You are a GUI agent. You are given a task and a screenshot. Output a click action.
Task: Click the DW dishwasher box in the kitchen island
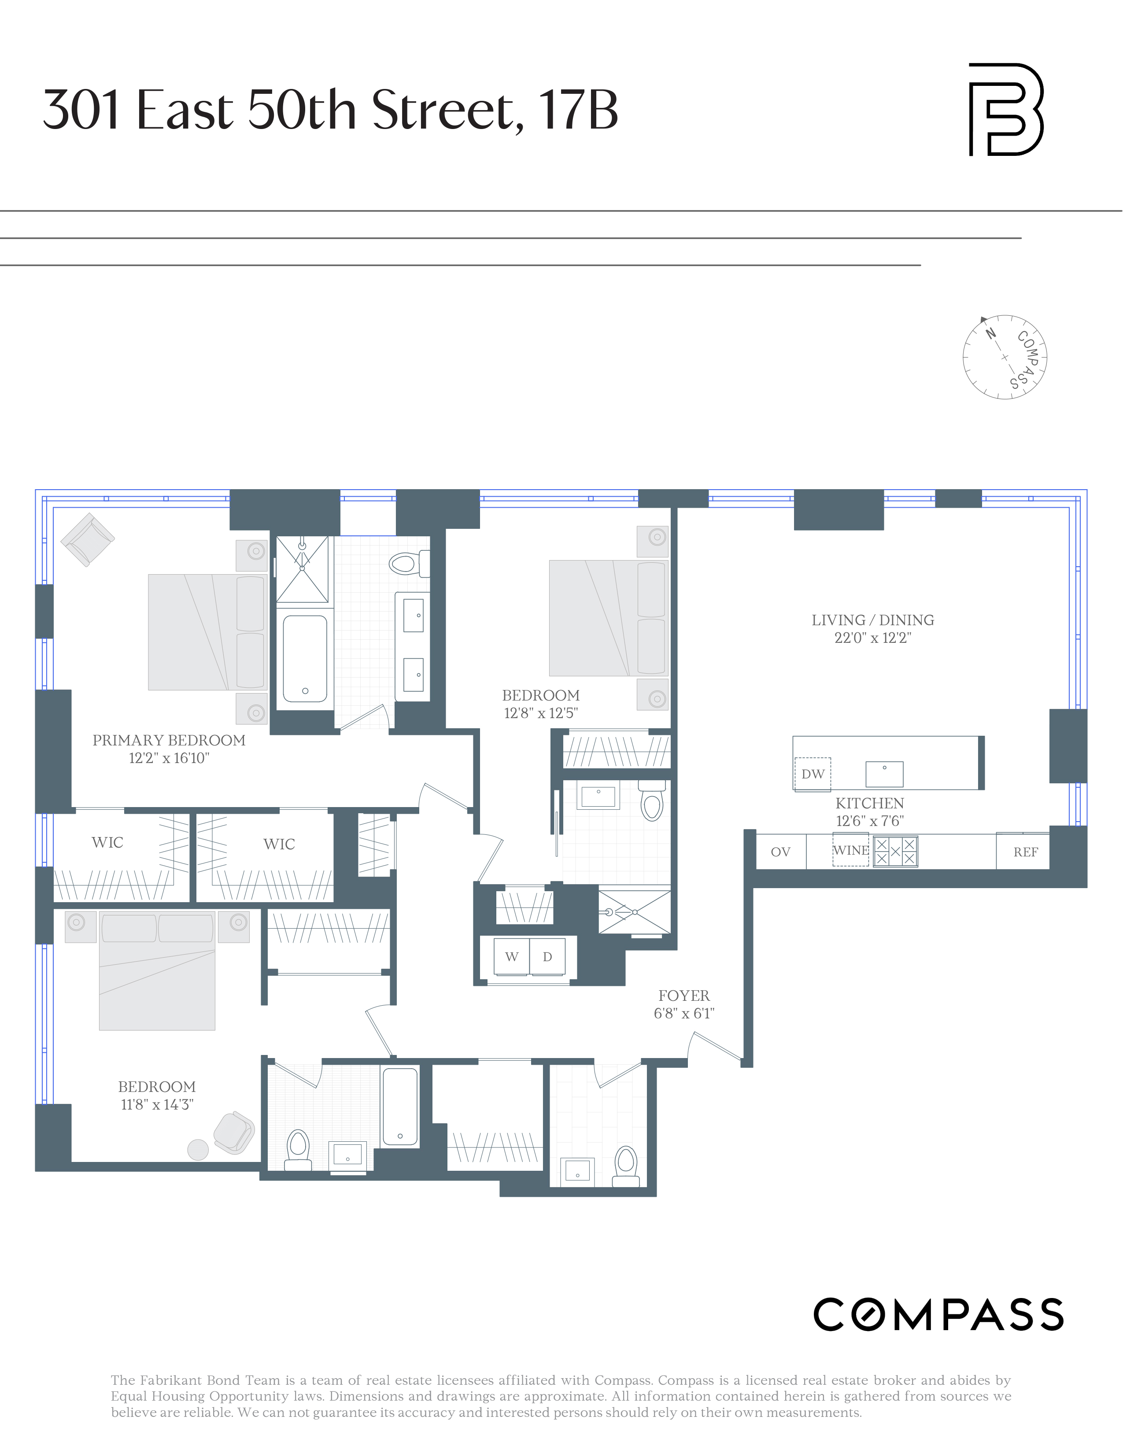(x=813, y=774)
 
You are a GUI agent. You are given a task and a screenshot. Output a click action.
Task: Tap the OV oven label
(x=780, y=852)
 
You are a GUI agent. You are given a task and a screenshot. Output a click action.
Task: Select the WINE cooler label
(x=850, y=850)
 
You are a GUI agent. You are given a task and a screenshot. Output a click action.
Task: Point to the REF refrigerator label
(x=1025, y=852)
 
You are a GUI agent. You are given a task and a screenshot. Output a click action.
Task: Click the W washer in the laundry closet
(x=512, y=957)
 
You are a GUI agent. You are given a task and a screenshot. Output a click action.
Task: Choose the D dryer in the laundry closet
(x=547, y=957)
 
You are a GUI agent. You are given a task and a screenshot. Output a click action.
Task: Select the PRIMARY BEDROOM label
(x=169, y=741)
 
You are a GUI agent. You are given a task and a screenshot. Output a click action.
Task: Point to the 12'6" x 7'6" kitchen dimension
(x=869, y=821)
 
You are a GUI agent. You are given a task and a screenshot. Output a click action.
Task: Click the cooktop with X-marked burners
(x=895, y=852)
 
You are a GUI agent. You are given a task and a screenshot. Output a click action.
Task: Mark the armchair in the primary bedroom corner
(x=88, y=539)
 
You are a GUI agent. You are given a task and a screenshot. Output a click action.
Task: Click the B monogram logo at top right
(x=1005, y=110)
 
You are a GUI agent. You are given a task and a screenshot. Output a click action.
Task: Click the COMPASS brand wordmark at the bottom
(x=938, y=1314)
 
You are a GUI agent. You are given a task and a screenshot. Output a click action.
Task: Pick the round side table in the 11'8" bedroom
(x=198, y=1150)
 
